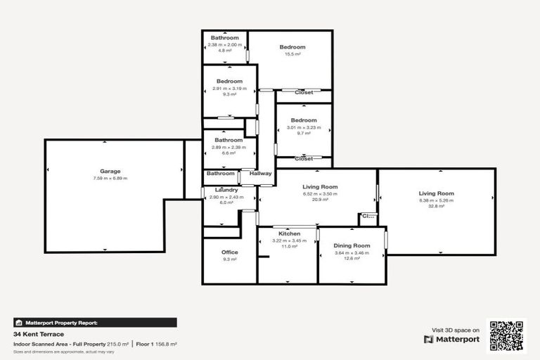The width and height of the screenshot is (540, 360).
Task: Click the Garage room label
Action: pos(110,171)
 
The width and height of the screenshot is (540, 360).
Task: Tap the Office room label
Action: pos(229,252)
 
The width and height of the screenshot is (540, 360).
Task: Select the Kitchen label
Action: pos(289,233)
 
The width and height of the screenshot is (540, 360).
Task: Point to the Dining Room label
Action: pos(352,245)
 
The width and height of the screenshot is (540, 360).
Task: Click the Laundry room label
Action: pos(226,190)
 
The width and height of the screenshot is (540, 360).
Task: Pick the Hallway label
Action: pos(260,174)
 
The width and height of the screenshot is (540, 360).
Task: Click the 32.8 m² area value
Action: pos(436,207)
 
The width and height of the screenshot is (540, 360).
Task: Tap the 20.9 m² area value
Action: pos(320,200)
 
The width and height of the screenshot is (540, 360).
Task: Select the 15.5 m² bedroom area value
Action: pos(292,54)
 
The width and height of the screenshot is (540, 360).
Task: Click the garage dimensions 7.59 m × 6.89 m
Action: pos(110,178)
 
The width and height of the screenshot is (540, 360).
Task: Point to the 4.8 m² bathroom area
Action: pos(225,51)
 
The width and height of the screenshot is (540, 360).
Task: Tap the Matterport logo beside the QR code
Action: pos(452,339)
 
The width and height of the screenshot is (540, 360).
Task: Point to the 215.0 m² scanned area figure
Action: pos(117,344)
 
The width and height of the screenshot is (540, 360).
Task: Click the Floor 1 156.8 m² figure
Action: pos(156,344)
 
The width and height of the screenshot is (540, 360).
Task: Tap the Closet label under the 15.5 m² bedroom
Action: pos(304,92)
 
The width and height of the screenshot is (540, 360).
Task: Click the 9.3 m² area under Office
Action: pos(229,259)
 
